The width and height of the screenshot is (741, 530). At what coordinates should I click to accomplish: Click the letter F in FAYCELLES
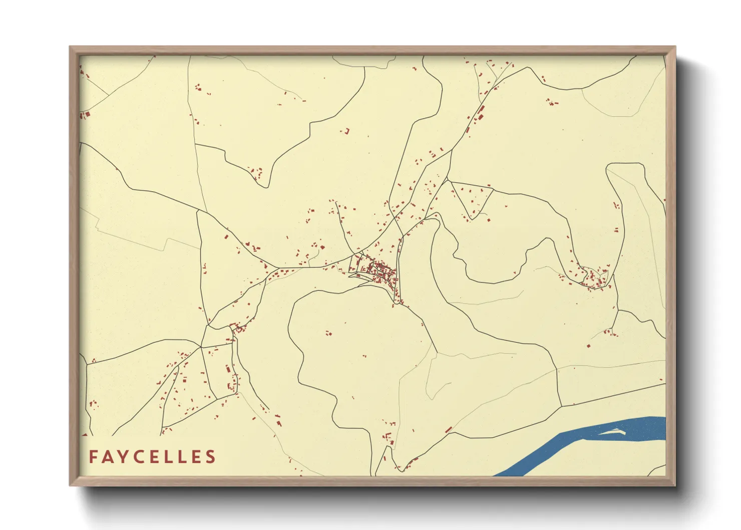93,457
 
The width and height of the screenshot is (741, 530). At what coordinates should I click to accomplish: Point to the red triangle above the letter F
85,434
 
